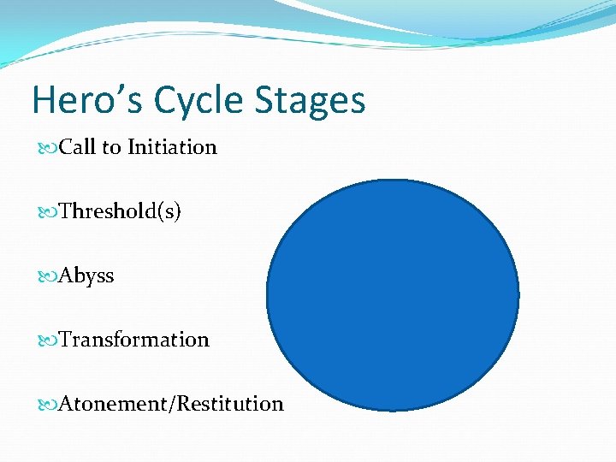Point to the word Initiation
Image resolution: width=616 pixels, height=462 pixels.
pos(172,147)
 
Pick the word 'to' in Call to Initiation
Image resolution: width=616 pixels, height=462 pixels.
pos(111,148)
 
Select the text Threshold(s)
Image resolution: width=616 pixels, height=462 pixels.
pos(120,211)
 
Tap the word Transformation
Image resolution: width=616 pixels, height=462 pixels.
pos(134,340)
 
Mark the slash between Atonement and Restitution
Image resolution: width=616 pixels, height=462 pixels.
pos(175,404)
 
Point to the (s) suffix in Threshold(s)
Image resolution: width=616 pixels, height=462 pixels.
pos(170,211)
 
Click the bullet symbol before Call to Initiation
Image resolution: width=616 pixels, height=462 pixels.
pos(48,148)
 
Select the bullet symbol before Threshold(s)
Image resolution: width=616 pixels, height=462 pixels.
pos(48,212)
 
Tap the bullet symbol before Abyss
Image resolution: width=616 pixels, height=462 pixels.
pos(48,276)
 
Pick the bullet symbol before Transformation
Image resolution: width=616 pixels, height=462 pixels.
pos(48,341)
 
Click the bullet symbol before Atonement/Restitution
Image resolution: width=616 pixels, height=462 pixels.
pos(48,405)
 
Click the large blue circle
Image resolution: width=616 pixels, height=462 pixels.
pos(393,295)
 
